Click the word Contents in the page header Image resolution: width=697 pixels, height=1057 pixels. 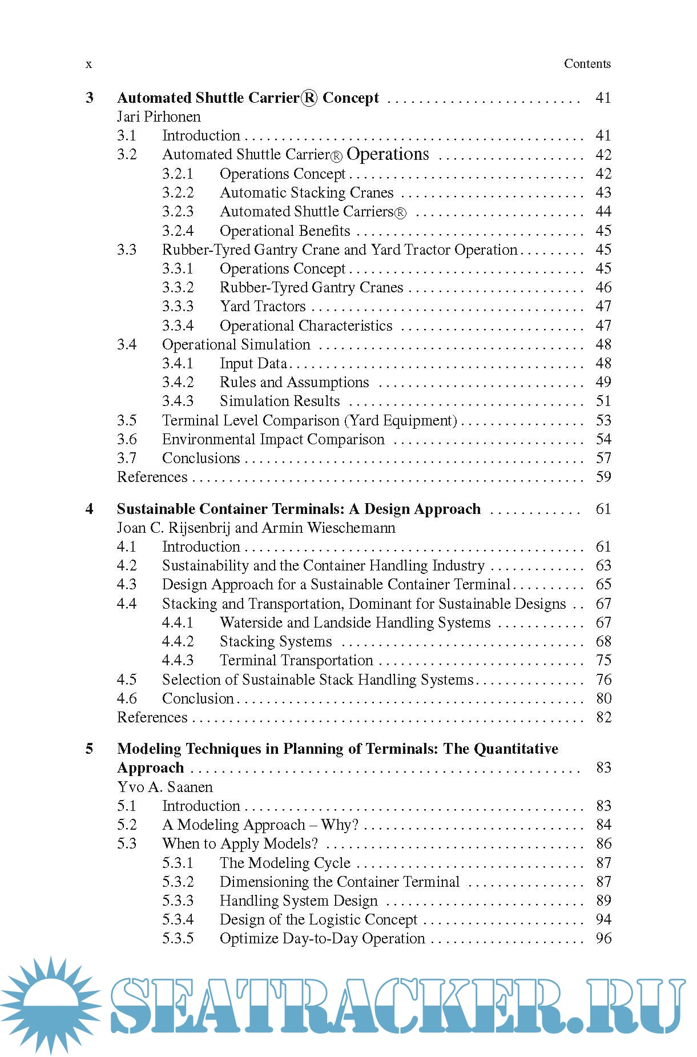pos(587,64)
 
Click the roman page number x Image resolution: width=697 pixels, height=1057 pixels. pos(88,64)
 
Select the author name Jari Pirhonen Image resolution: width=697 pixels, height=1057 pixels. pos(159,117)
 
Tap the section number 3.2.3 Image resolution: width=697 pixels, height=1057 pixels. pos(178,212)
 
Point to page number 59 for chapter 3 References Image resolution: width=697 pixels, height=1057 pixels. pos(603,477)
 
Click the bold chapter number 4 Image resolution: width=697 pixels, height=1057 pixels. pos(90,509)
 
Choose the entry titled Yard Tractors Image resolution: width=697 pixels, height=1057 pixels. pos(263,307)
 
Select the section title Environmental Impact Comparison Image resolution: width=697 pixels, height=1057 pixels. pos(273,440)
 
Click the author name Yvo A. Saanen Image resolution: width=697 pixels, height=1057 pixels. pos(164,787)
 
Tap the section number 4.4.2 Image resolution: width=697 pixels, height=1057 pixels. pos(178,642)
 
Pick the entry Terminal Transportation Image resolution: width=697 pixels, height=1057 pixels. pos(296,661)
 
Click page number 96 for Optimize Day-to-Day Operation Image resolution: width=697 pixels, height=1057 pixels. pos(603,939)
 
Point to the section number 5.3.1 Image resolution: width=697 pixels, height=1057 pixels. pos(178,863)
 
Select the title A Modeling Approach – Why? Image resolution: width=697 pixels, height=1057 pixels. pos(260,825)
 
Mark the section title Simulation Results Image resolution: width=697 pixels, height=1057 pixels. pos(279,401)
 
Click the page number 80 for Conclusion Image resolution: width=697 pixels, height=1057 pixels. pos(603,699)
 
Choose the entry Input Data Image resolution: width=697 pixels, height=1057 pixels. pos(253,364)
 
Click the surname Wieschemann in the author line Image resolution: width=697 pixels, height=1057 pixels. pos(351,528)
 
